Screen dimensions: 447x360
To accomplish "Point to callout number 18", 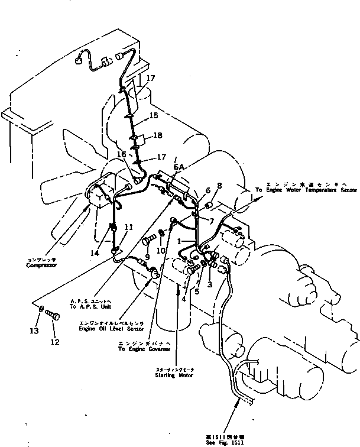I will (x=158, y=135).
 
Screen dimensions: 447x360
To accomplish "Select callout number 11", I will (x=128, y=226).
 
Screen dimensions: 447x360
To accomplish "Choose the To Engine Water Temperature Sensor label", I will (x=306, y=189).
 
